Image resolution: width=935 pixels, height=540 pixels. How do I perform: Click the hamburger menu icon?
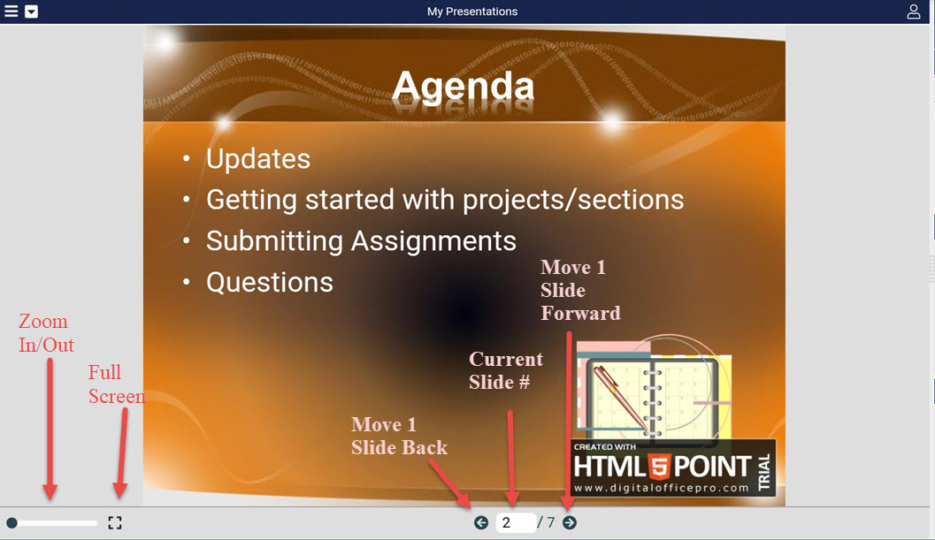point(11,11)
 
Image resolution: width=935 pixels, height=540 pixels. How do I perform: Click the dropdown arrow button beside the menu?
point(32,11)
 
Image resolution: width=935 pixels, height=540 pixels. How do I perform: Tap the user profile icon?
point(914,11)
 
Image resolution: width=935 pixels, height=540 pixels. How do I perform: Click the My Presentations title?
point(472,11)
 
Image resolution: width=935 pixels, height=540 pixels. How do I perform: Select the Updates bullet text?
point(258,159)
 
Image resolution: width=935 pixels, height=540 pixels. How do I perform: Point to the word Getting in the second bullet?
point(251,201)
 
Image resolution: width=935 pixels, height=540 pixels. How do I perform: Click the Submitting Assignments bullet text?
point(362,241)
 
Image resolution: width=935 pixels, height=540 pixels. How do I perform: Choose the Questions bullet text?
point(270,283)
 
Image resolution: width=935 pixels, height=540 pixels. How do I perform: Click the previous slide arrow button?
point(481,522)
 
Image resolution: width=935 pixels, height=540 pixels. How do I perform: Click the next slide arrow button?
point(570,522)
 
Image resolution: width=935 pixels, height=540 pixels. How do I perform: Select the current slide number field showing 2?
point(515,522)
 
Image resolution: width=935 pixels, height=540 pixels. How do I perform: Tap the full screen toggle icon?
point(115,522)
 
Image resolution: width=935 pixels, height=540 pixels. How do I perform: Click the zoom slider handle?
point(11,523)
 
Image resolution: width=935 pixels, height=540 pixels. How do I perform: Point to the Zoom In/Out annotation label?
point(46,332)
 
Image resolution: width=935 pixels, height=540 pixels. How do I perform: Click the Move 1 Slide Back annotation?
point(399,436)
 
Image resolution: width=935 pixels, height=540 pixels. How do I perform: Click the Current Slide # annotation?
point(506,370)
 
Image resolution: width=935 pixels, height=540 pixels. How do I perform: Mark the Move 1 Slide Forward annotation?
point(580,290)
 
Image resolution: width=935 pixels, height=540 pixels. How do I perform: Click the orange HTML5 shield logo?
point(660,466)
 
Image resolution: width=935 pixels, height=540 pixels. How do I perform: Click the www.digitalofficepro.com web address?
point(662,488)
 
